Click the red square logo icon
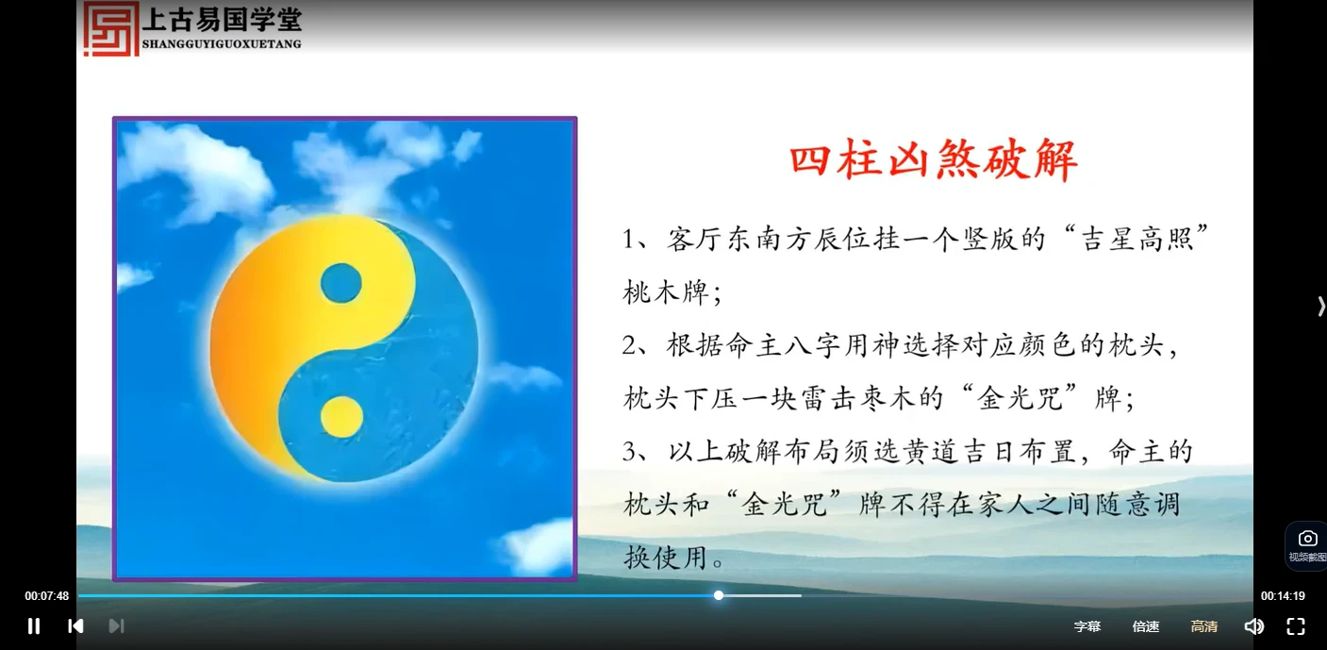tap(111, 28)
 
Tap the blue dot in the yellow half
tap(340, 283)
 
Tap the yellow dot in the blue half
tap(341, 417)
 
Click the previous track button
tap(75, 625)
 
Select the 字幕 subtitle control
tap(1086, 626)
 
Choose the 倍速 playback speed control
tap(1146, 626)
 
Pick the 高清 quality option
tap(1203, 626)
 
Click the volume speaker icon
tap(1253, 626)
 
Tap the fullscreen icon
tap(1296, 626)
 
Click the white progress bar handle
tap(719, 595)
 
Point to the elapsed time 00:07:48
tap(47, 596)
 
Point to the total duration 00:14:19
tap(1283, 596)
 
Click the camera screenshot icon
tap(1307, 539)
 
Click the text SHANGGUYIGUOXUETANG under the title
tap(222, 43)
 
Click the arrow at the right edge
tap(1320, 306)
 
